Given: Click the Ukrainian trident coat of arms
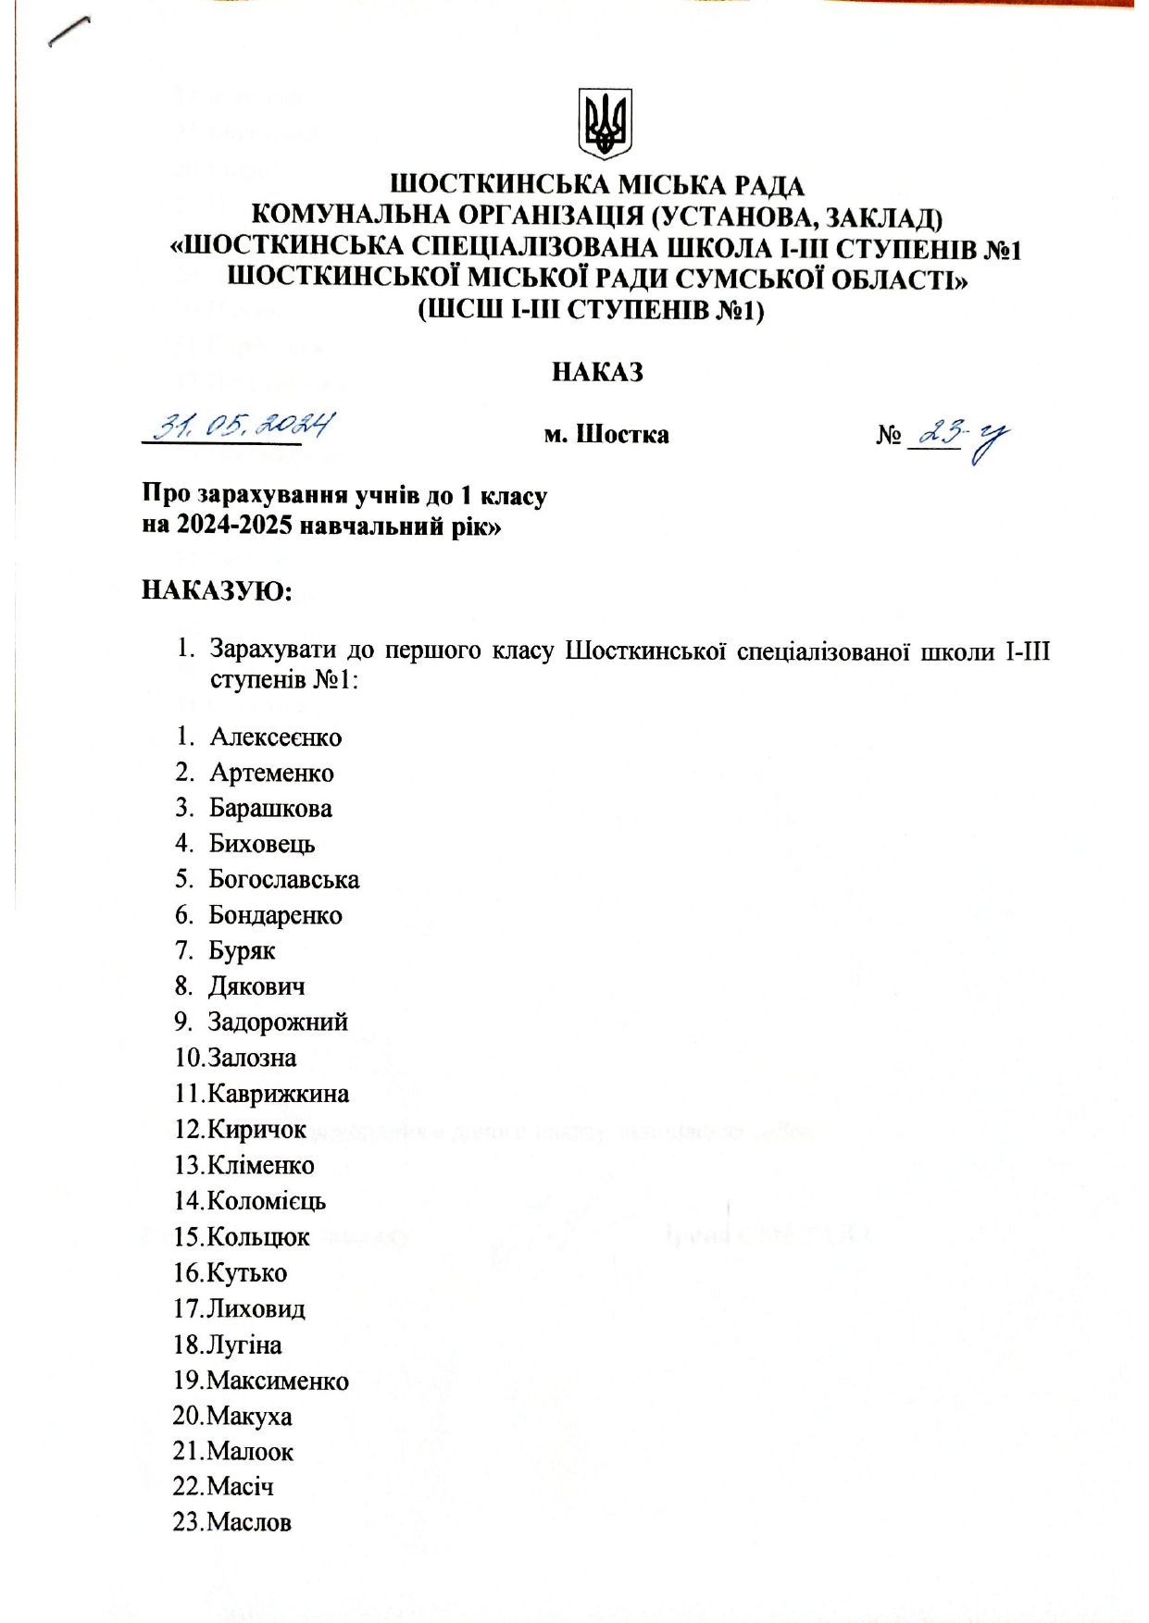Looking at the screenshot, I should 605,123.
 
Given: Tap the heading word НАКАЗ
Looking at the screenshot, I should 597,372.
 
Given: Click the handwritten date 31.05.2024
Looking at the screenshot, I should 244,427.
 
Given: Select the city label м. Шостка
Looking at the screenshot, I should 606,434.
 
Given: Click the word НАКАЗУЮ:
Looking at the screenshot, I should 217,590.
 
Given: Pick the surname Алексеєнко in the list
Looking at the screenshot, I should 275,737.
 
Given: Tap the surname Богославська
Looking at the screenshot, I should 283,879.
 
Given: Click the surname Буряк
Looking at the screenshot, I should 242,950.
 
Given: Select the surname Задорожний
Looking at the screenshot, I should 278,1022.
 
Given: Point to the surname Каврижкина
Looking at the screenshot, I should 278,1094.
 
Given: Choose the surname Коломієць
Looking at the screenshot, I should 267,1201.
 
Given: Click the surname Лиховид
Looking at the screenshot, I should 256,1308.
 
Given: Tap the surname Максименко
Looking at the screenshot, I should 278,1381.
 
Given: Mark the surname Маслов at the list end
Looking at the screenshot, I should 249,1522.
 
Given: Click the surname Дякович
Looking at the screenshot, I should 256,986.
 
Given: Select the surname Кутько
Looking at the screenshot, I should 246,1273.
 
